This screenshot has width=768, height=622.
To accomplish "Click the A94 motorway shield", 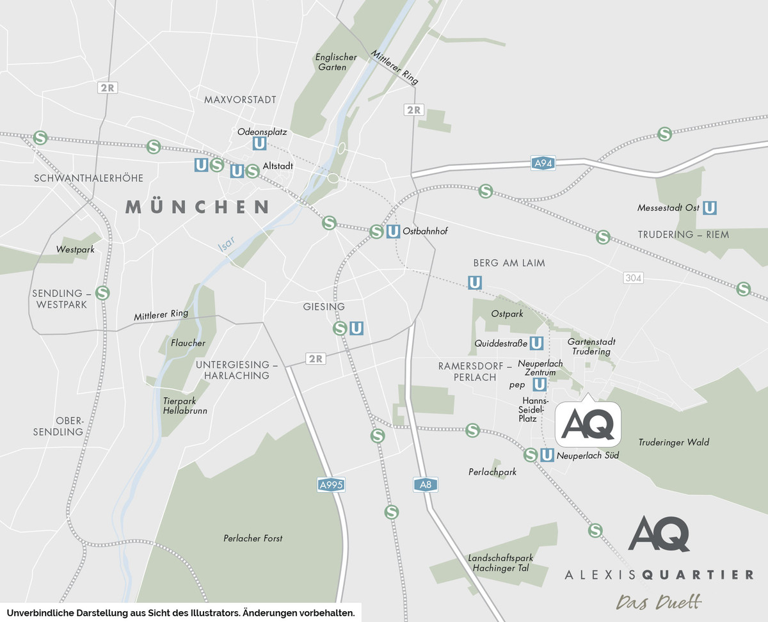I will [542, 163].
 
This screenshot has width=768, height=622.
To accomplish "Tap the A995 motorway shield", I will [331, 485].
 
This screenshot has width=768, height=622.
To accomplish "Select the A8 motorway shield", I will [426, 485].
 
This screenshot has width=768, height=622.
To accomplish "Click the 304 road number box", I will [633, 278].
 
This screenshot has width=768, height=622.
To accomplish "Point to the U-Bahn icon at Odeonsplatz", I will [259, 143].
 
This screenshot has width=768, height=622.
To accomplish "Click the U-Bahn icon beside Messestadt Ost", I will [709, 208].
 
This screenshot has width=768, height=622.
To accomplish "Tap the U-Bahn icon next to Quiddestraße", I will [537, 344].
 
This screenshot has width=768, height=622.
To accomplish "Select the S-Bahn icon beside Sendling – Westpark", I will [102, 293].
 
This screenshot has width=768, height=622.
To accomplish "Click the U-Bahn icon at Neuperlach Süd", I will [547, 455].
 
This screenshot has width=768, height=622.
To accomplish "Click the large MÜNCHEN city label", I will [197, 207].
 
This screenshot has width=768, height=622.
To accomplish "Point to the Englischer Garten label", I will [336, 62].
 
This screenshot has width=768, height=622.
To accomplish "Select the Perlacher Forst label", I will [253, 538].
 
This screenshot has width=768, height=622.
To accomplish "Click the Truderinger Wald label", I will [673, 442].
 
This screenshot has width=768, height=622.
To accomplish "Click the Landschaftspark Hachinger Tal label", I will [500, 562].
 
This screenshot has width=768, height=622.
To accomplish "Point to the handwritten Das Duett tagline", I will [659, 602].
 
